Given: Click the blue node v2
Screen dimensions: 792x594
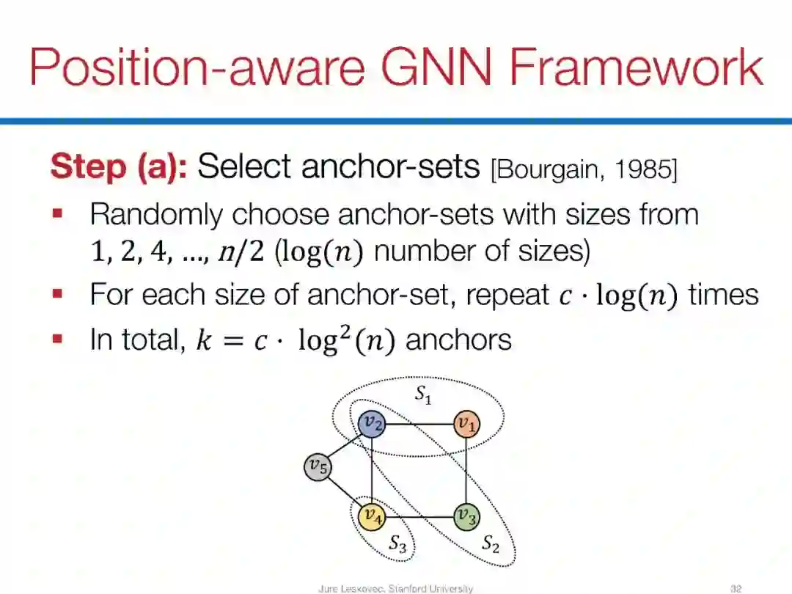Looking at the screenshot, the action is point(373,424).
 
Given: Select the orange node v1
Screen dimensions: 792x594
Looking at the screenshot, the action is point(466,424).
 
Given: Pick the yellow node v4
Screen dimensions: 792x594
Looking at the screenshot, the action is point(373,516).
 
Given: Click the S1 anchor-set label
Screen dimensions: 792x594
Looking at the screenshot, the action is point(423,395).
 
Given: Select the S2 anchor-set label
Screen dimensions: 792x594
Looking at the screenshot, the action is point(490,544).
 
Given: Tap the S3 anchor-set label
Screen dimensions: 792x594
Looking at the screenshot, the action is point(397,544).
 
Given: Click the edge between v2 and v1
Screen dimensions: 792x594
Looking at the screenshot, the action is point(419,424).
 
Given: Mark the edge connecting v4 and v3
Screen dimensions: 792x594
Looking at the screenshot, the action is point(419,516).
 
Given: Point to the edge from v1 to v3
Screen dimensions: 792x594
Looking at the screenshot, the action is point(466,470).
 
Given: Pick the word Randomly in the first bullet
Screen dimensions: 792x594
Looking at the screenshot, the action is point(155,215).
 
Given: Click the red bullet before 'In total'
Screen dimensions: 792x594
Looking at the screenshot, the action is point(58,340).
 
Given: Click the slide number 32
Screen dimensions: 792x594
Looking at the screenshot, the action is point(736,588).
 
